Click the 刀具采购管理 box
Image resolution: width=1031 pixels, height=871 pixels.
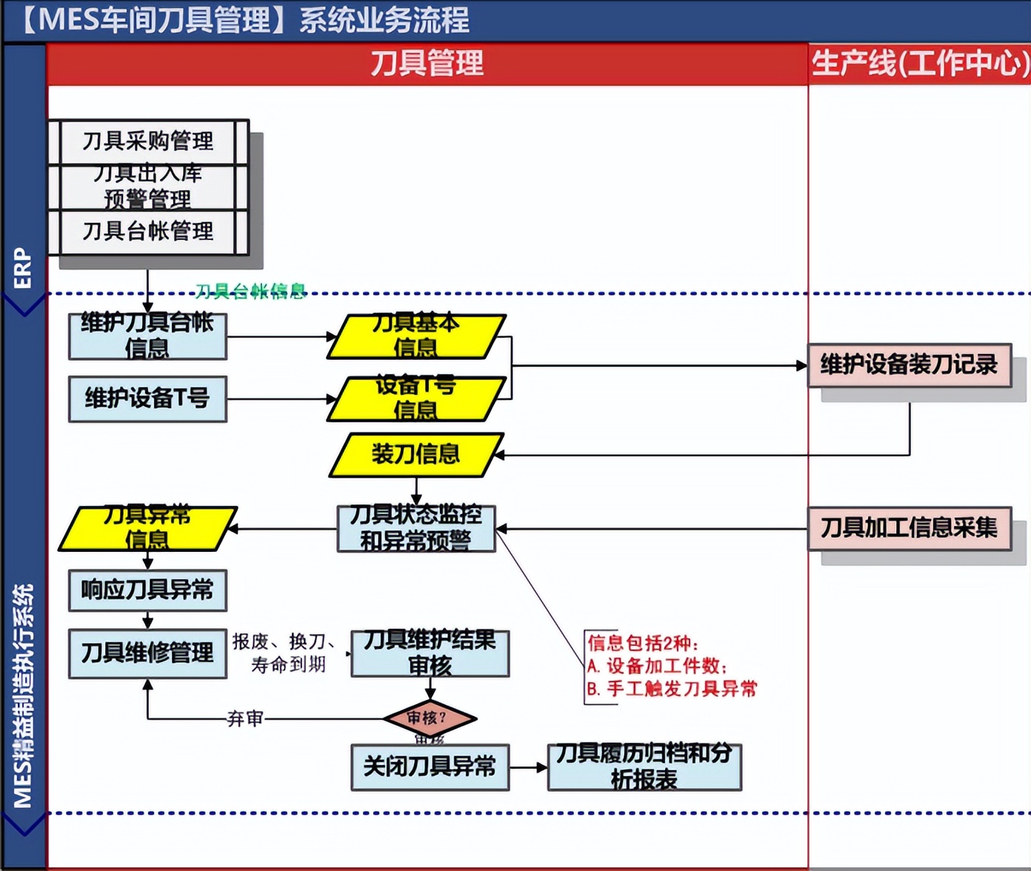[148, 141]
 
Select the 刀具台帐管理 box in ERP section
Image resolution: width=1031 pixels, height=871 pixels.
[148, 232]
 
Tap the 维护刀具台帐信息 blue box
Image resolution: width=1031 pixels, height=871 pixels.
[147, 336]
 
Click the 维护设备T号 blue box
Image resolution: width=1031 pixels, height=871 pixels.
[147, 399]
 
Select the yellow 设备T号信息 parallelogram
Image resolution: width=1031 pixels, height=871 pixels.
[416, 399]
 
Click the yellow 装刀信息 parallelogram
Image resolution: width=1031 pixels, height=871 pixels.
[416, 455]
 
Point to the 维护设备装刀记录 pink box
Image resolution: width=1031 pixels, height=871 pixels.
[910, 365]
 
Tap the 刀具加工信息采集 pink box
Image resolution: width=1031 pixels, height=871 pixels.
[910, 528]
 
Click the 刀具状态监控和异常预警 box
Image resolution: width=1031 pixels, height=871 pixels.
[416, 529]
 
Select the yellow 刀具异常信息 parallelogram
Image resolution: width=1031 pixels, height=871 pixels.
[147, 529]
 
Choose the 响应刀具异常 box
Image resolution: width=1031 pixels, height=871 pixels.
[147, 590]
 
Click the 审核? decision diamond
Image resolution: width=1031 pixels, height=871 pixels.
[430, 718]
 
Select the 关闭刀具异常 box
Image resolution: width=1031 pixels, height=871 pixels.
[430, 767]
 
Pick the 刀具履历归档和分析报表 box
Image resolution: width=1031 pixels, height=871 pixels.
[644, 767]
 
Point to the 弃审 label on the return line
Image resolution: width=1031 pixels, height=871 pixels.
[245, 718]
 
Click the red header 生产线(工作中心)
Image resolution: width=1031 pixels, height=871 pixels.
[919, 64]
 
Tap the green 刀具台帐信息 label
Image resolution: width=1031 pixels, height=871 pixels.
[250, 291]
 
